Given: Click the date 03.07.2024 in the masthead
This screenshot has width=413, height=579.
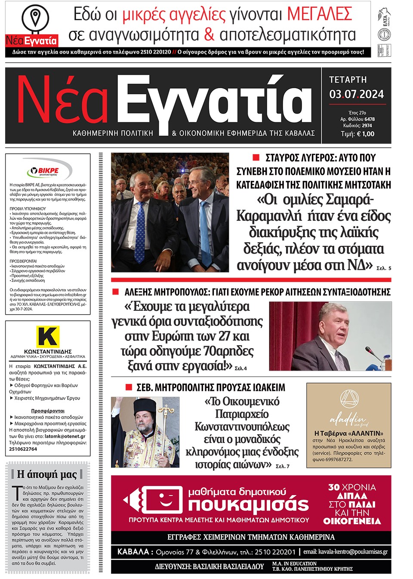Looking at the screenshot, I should [356, 94].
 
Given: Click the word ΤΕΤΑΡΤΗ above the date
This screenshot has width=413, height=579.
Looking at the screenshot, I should [348, 80].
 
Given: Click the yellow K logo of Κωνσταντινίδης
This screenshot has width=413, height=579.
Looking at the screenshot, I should [48, 336].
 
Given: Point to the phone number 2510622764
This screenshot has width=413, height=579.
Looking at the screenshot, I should [23, 449].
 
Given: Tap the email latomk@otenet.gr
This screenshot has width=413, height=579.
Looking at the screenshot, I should [65, 436].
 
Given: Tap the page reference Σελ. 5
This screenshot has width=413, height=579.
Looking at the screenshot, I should [384, 268].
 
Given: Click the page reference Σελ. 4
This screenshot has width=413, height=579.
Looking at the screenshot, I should [240, 368].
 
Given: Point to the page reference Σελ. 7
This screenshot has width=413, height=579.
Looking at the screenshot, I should [283, 466].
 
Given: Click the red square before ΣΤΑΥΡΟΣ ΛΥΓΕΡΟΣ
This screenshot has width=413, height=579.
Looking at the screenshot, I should [256, 158].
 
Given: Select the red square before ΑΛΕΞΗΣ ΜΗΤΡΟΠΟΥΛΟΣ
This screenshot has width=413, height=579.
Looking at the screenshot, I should [115, 292].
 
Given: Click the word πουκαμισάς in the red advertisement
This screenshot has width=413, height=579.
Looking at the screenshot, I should [248, 505].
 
